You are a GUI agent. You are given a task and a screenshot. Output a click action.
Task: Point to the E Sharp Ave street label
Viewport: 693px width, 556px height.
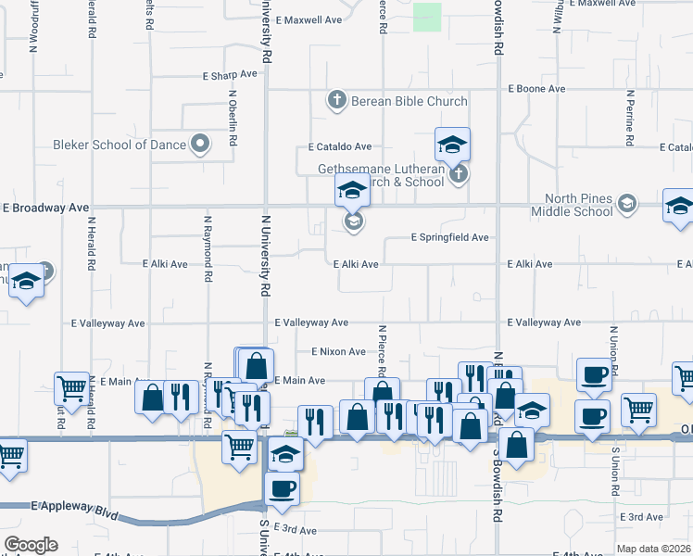230,74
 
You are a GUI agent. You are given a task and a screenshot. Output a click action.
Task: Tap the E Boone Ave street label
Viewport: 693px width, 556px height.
536,89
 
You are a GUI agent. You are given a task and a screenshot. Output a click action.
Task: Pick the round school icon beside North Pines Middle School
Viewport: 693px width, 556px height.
627,204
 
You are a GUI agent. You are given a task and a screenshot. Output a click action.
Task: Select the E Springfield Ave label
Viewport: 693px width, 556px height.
449,238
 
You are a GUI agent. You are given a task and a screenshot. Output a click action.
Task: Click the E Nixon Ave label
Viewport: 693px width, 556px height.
338,352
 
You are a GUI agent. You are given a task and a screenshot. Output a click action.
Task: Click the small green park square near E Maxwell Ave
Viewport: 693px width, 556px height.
426,17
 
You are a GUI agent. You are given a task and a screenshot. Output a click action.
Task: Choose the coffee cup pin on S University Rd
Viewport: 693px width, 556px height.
282,487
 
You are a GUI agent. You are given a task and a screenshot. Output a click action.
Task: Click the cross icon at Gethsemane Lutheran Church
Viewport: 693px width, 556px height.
456,174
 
